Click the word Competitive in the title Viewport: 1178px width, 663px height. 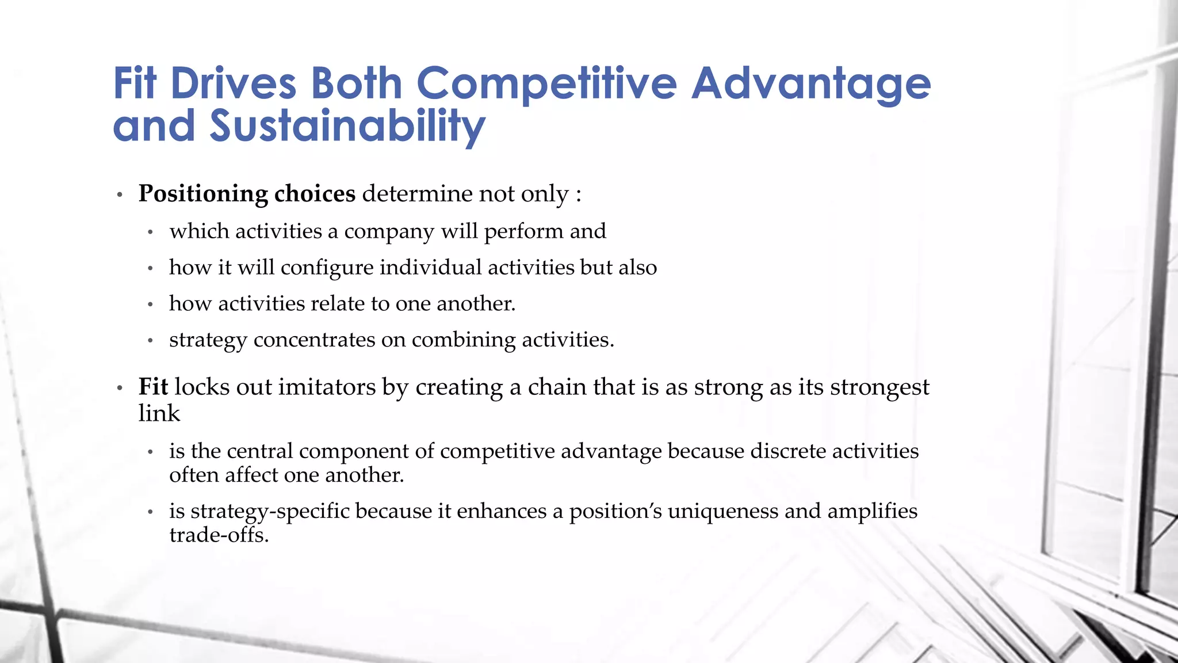[x=546, y=84]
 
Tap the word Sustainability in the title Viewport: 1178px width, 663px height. [x=347, y=127]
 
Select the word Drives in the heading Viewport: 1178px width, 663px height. [x=234, y=84]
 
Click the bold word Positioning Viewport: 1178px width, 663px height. [x=203, y=194]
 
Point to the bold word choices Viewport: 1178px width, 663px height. [x=315, y=194]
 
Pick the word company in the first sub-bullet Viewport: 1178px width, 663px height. [x=389, y=231]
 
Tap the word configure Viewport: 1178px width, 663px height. [x=327, y=268]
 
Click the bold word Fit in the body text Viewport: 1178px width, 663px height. [x=153, y=387]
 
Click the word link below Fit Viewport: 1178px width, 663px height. [x=159, y=413]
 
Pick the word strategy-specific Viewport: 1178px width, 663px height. [x=270, y=512]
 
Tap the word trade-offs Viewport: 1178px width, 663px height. [x=219, y=535]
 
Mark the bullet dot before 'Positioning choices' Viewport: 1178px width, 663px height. [x=120, y=195]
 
